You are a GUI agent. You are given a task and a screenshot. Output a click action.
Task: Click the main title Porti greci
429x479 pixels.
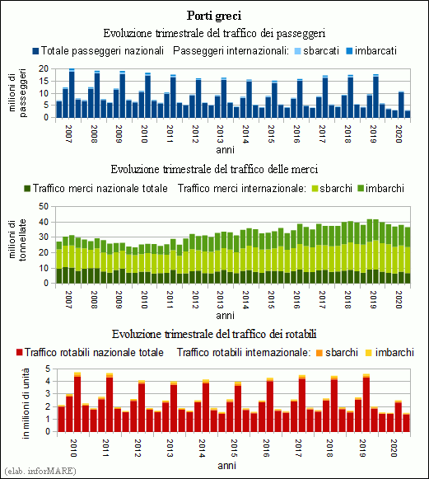(x=214, y=16)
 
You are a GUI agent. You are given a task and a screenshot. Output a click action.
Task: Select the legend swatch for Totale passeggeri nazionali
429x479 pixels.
(x=35, y=51)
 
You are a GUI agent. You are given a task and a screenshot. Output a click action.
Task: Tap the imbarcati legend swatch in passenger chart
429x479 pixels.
(x=349, y=51)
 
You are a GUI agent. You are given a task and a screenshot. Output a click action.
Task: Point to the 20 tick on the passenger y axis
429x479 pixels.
(x=44, y=68)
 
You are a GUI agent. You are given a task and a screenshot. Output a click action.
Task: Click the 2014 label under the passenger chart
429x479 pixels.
(x=245, y=134)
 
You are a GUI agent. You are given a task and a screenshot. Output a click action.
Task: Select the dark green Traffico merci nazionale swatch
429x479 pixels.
(x=27, y=189)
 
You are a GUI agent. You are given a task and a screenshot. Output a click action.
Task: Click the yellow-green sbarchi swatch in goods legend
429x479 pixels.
(x=315, y=189)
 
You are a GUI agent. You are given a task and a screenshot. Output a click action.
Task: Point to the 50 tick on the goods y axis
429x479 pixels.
(x=44, y=206)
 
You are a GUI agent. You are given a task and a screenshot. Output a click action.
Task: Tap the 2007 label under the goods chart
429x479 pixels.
(x=68, y=299)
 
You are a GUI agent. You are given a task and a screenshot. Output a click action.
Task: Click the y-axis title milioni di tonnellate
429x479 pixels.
(x=17, y=240)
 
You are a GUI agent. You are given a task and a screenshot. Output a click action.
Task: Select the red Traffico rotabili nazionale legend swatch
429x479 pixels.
(x=19, y=353)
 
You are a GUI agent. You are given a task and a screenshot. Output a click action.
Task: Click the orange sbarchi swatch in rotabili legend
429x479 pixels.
(x=319, y=353)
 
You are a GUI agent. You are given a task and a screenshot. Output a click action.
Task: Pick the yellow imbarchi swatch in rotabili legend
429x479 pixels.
(x=369, y=353)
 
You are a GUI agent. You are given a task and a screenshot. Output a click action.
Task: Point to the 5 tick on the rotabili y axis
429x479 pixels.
(x=47, y=369)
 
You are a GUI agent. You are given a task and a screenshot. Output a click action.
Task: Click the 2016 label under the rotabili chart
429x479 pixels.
(x=266, y=448)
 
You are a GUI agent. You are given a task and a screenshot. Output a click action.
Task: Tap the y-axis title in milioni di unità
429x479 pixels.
(x=26, y=403)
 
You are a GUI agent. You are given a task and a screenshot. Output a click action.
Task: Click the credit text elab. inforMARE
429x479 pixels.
(x=40, y=471)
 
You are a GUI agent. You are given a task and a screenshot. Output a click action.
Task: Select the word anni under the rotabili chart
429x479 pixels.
(x=227, y=466)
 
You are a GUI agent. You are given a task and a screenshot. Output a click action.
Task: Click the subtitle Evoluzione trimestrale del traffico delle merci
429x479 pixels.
(x=214, y=169)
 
